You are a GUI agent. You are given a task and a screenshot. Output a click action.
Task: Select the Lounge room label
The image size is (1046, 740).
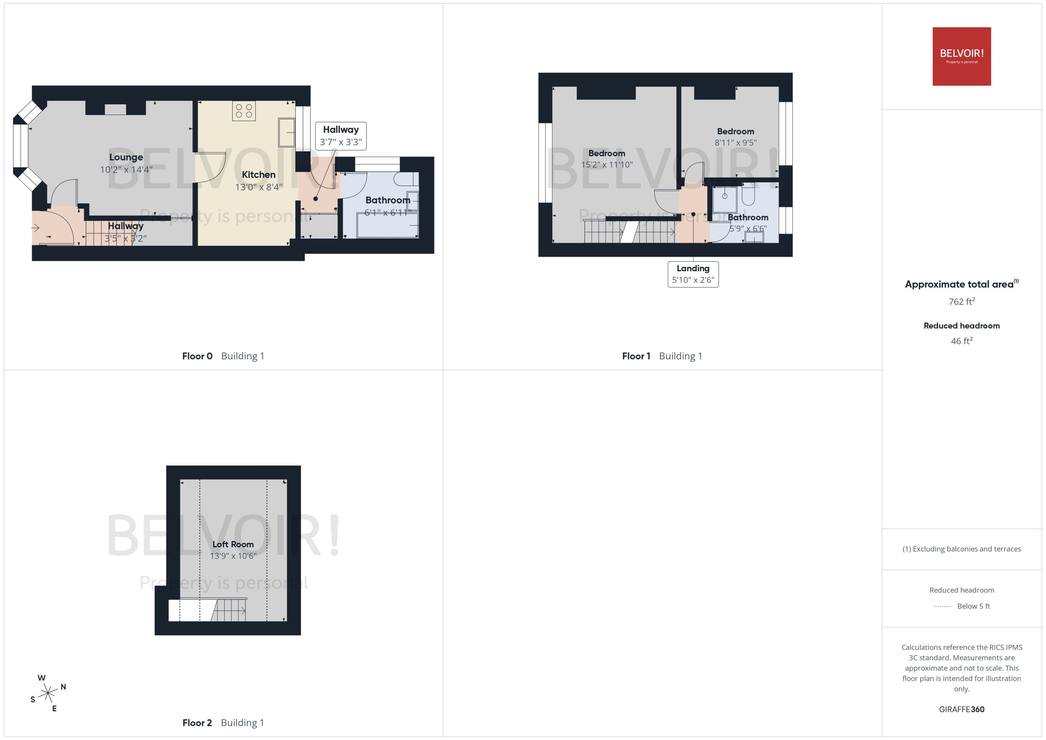click(126, 157)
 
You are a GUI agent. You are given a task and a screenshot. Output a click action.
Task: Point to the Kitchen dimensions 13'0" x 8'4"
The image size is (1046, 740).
click(259, 187)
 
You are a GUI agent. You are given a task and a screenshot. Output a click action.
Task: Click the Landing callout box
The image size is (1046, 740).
click(693, 274)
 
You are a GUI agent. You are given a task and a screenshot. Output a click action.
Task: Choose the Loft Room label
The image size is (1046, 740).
click(233, 544)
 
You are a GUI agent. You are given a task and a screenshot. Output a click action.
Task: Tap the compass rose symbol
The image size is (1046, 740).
click(48, 693)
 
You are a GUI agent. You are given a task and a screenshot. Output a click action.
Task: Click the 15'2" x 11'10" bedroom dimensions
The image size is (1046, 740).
click(607, 165)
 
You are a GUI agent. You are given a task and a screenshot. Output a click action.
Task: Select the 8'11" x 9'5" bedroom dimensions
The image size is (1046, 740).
click(735, 143)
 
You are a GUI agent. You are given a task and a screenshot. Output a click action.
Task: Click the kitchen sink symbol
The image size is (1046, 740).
click(287, 132)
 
